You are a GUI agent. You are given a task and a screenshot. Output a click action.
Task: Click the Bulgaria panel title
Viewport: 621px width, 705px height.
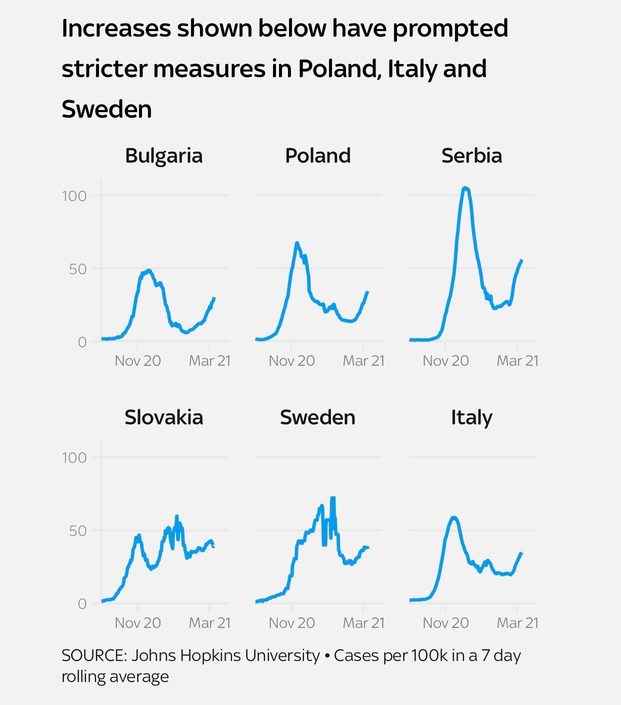click(x=163, y=156)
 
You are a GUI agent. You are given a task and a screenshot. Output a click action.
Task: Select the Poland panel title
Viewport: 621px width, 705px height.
click(x=317, y=156)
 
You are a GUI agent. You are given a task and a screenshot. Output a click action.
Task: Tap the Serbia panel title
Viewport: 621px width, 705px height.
click(x=471, y=156)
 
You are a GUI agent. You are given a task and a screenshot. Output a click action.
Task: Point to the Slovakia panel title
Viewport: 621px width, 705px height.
click(x=163, y=417)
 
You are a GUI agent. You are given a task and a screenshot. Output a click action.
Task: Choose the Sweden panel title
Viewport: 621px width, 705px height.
click(x=317, y=417)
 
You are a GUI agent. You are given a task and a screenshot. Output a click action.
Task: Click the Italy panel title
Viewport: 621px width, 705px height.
click(x=471, y=417)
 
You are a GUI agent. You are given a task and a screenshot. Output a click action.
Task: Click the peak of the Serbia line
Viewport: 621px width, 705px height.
click(x=465, y=188)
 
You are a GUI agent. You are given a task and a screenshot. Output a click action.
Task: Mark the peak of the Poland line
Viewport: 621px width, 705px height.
click(x=297, y=243)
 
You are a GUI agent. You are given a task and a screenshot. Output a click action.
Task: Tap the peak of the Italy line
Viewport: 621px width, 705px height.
click(x=454, y=517)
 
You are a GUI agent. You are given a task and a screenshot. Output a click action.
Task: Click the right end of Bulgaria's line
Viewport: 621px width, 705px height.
click(x=214, y=299)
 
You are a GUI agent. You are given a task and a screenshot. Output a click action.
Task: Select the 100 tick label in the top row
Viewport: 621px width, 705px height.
click(x=74, y=196)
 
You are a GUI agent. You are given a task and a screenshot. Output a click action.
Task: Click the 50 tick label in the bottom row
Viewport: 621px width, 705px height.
click(x=77, y=531)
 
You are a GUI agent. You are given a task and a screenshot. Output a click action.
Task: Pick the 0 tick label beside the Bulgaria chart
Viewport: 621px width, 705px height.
click(x=82, y=342)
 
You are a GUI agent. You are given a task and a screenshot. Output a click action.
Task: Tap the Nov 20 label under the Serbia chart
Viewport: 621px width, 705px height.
click(x=445, y=361)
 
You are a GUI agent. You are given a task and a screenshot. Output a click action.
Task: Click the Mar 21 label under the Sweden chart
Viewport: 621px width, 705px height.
click(x=363, y=623)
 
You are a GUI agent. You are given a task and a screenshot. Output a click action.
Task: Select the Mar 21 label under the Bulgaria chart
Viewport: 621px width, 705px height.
click(x=209, y=361)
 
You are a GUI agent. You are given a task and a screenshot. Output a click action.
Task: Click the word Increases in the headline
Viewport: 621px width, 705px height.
click(x=115, y=29)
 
